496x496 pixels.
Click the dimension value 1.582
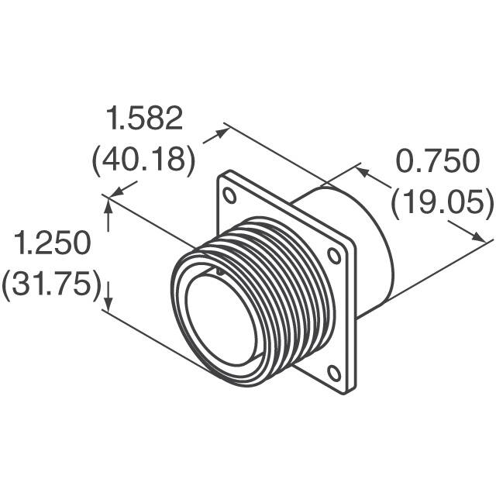click(146, 119)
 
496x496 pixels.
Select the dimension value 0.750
click(438, 162)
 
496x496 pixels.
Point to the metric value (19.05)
click(442, 203)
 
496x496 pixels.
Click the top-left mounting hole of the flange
click(230, 195)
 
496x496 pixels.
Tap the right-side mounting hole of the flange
click(334, 254)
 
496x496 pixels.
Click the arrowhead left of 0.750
click(361, 169)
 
